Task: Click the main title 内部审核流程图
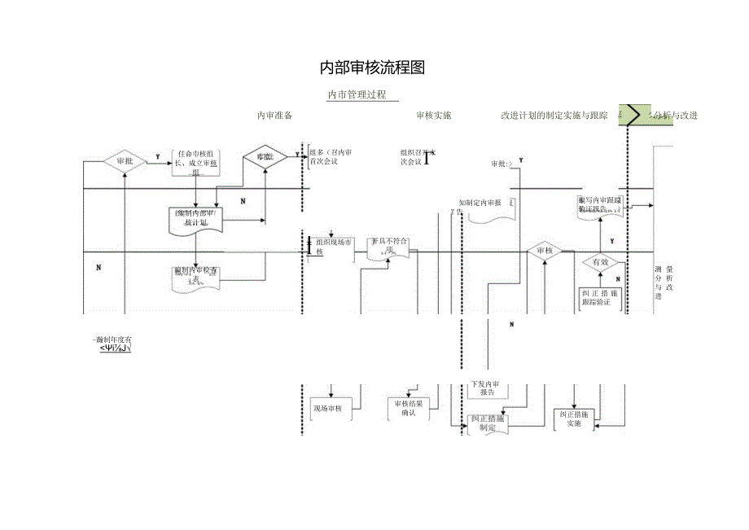click(372, 68)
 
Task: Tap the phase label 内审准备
click(274, 116)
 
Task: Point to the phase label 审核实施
click(433, 116)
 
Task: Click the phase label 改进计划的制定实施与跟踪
click(554, 116)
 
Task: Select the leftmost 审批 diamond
click(125, 161)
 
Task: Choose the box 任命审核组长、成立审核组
click(196, 162)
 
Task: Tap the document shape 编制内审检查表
click(195, 275)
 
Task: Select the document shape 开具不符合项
click(389, 247)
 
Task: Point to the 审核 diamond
click(545, 251)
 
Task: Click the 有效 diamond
click(601, 262)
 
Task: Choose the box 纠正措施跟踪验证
click(601, 298)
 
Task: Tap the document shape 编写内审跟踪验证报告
click(599, 204)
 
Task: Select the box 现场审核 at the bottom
click(327, 408)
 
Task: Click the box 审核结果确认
click(409, 408)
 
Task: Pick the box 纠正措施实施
click(574, 418)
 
